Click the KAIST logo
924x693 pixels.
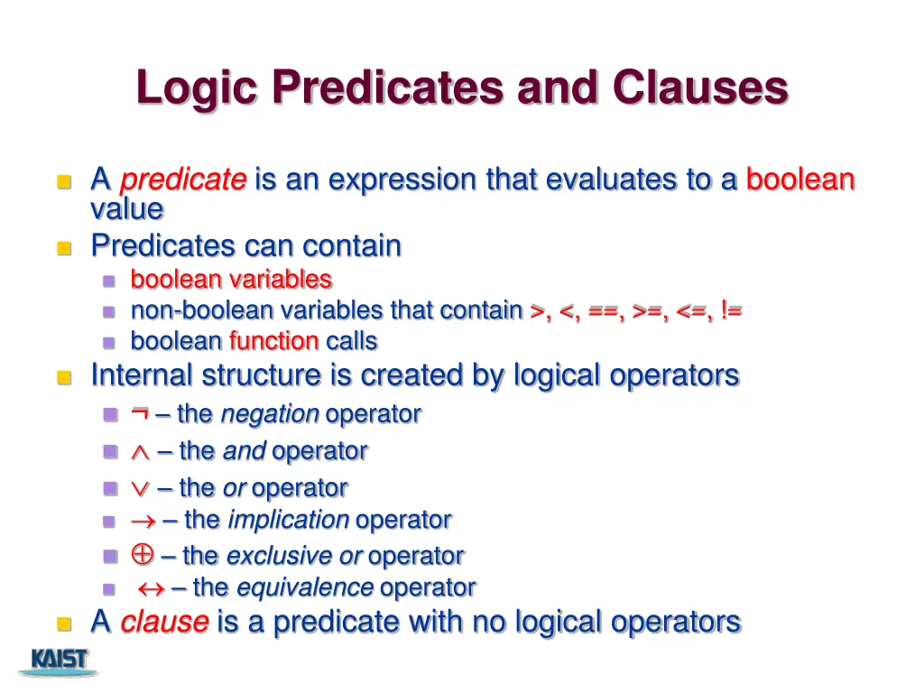tap(60, 661)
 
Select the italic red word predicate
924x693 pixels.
tap(183, 180)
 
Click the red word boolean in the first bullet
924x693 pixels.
tap(799, 180)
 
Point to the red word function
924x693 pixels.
tap(273, 341)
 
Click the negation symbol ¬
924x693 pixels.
tap(139, 413)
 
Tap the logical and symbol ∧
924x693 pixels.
tap(140, 451)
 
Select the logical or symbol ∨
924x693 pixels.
tap(140, 488)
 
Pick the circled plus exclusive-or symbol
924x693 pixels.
tap(142, 554)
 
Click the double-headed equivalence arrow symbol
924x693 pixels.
tap(149, 588)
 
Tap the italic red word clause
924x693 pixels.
tap(164, 622)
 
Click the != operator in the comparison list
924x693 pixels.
tap(731, 310)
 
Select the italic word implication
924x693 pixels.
tap(288, 521)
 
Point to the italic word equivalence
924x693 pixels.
tap(304, 588)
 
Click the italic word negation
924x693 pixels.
tap(270, 414)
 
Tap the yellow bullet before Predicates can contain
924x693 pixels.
tap(63, 247)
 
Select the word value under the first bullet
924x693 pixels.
tap(127, 209)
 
